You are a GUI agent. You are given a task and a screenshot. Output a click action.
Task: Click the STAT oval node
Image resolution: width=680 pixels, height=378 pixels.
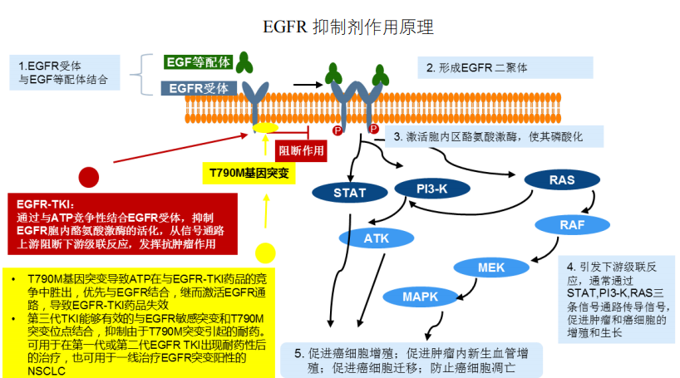pyautogui.click(x=350, y=194)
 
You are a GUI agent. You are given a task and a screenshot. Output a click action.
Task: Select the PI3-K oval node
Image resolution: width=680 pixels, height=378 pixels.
pyautogui.click(x=432, y=189)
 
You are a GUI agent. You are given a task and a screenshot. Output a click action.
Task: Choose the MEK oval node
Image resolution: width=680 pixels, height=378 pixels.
pyautogui.click(x=491, y=268)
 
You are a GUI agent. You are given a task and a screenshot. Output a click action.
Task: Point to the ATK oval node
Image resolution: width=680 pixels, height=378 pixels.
pyautogui.click(x=377, y=238)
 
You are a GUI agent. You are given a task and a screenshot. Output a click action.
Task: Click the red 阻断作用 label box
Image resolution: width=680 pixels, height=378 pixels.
pyautogui.click(x=300, y=150)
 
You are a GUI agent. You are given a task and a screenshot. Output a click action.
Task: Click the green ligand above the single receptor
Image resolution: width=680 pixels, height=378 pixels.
pyautogui.click(x=244, y=61)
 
